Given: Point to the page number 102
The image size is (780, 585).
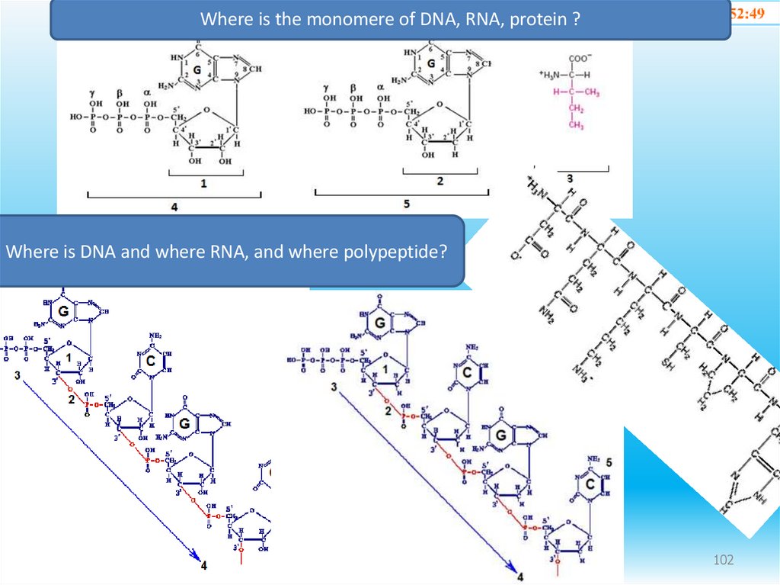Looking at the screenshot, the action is [724, 561].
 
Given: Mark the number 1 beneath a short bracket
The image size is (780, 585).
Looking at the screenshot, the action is [203, 184].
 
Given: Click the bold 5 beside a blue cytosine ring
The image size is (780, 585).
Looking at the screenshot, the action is [609, 463].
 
